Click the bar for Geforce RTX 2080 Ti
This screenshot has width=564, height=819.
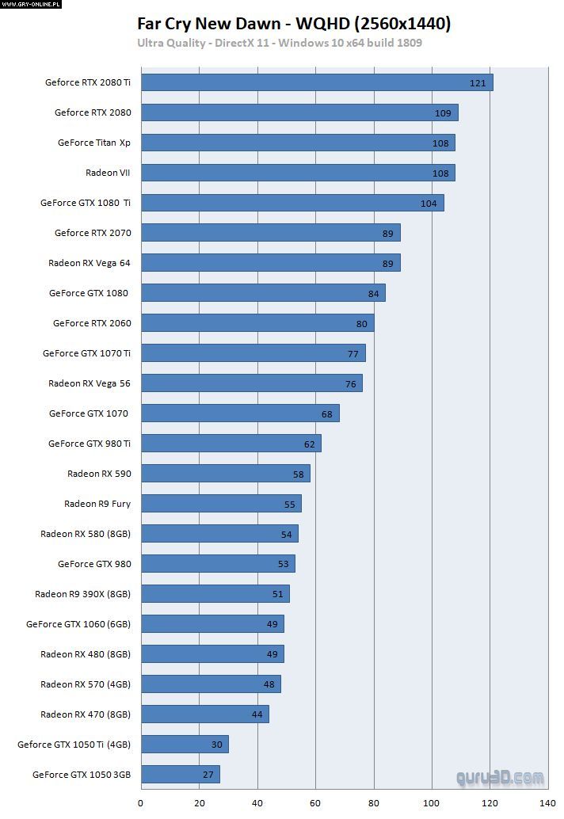[x=317, y=82]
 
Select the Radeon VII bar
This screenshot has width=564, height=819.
[x=298, y=173]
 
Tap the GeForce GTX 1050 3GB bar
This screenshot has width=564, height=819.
[x=181, y=775]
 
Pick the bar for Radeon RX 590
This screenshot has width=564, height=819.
[x=226, y=474]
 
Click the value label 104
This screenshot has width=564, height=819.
[x=429, y=204]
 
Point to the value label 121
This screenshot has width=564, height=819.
[x=478, y=83]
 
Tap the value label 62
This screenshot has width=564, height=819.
[x=309, y=444]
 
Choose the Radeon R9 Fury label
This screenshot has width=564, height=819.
[x=97, y=504]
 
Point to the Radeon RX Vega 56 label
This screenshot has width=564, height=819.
[x=90, y=383]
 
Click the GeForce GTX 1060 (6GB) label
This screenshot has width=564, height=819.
[x=78, y=624]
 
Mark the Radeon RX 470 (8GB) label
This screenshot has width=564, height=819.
[x=86, y=714]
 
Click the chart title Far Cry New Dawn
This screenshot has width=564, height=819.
[x=294, y=24]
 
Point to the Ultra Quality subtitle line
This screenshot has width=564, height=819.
[x=280, y=43]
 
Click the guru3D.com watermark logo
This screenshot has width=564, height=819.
[x=500, y=778]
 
